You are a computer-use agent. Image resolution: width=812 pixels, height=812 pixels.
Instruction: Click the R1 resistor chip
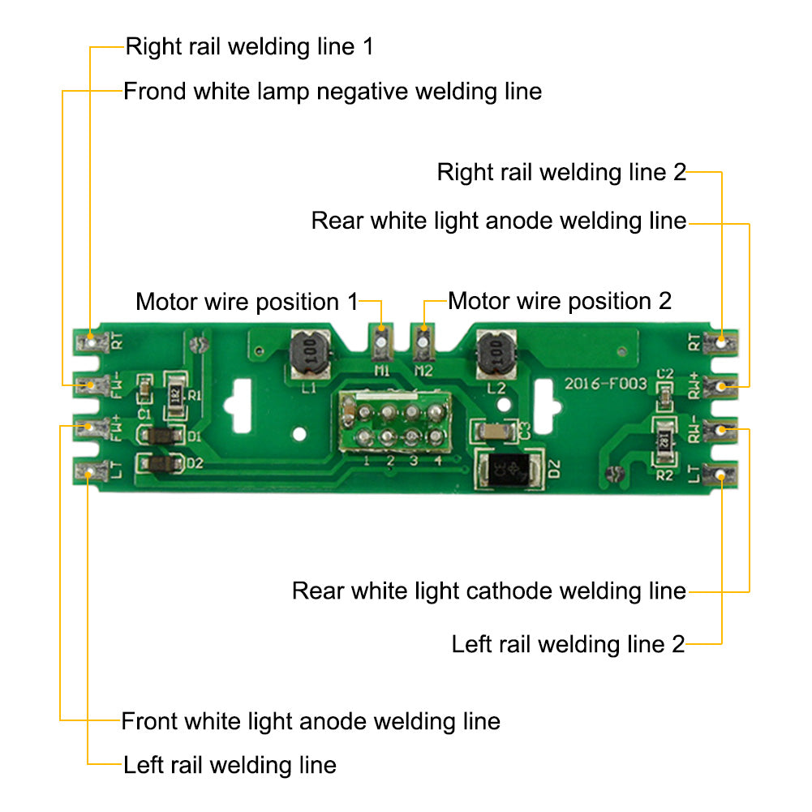pos(174,397)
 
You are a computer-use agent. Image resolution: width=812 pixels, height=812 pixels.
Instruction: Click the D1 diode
pos(161,436)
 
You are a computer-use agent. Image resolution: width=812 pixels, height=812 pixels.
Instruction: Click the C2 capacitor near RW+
pos(664,397)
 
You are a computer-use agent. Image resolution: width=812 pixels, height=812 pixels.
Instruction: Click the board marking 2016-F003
pos(606,383)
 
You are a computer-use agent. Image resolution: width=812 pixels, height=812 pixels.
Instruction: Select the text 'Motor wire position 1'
pos(246,302)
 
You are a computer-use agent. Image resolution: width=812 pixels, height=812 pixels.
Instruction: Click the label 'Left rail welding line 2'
pos(568,645)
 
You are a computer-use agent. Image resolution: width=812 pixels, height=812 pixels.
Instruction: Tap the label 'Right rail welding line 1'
pos(249,46)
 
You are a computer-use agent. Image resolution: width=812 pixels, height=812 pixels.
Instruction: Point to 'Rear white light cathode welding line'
pos(488,591)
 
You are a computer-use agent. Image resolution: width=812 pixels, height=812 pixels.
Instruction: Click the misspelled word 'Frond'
pos(154,91)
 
